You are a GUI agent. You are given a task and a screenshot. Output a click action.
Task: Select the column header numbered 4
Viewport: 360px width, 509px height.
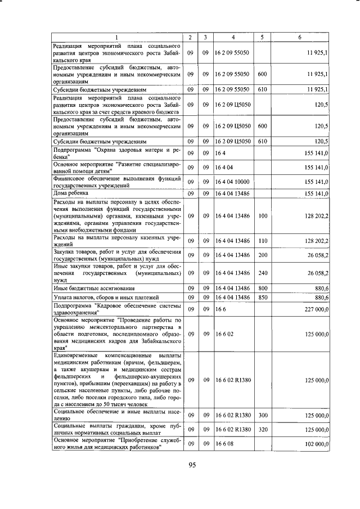233,37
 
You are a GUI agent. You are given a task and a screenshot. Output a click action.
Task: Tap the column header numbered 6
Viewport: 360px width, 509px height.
299,37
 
